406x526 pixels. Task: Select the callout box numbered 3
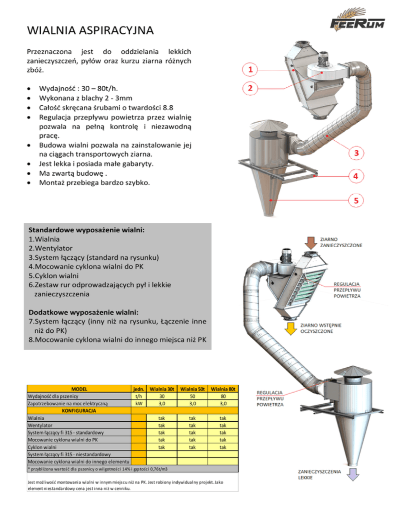356,153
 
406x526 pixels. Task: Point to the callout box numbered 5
356,201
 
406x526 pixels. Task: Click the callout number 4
356,175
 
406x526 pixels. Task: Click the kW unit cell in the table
138,403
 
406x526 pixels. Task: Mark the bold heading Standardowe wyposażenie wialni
87,230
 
